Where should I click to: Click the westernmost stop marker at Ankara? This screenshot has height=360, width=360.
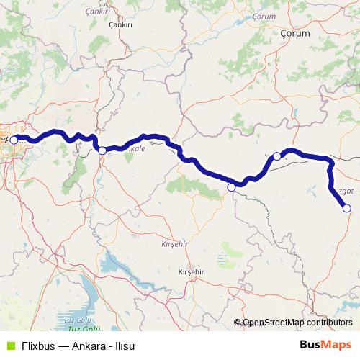(x=14, y=140)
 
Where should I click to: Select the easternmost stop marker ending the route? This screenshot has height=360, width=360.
(x=346, y=208)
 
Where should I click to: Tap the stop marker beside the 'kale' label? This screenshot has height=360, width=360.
(x=102, y=150)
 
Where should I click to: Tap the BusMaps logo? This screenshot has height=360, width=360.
(x=325, y=345)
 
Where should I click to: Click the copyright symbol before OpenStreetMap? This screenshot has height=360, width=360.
(x=238, y=323)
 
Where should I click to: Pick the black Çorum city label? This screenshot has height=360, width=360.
(x=294, y=32)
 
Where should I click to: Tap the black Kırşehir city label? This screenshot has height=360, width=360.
(x=192, y=271)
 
